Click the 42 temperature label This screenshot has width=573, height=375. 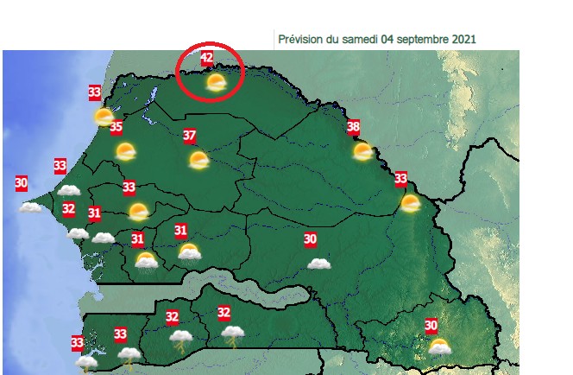(x=206, y=59)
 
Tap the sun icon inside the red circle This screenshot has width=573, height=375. (x=216, y=83)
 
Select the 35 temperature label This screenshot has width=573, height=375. (x=116, y=128)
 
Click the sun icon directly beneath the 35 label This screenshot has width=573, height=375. (x=126, y=153)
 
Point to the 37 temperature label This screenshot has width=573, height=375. (x=190, y=135)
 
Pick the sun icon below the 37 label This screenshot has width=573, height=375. (x=199, y=160)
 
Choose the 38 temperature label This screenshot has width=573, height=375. (x=353, y=128)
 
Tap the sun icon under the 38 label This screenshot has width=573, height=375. (x=363, y=152)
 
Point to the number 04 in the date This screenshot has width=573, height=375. (x=402, y=39)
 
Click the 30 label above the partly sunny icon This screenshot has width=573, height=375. (x=431, y=325)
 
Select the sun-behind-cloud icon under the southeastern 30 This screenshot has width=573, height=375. (x=440, y=347)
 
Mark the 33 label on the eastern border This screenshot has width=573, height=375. (x=400, y=179)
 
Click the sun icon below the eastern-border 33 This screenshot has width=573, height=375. (x=410, y=204)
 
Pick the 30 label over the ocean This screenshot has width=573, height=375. (x=22, y=183)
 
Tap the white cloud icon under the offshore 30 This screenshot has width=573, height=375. (x=31, y=207)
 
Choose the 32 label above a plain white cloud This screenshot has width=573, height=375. (x=69, y=208)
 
